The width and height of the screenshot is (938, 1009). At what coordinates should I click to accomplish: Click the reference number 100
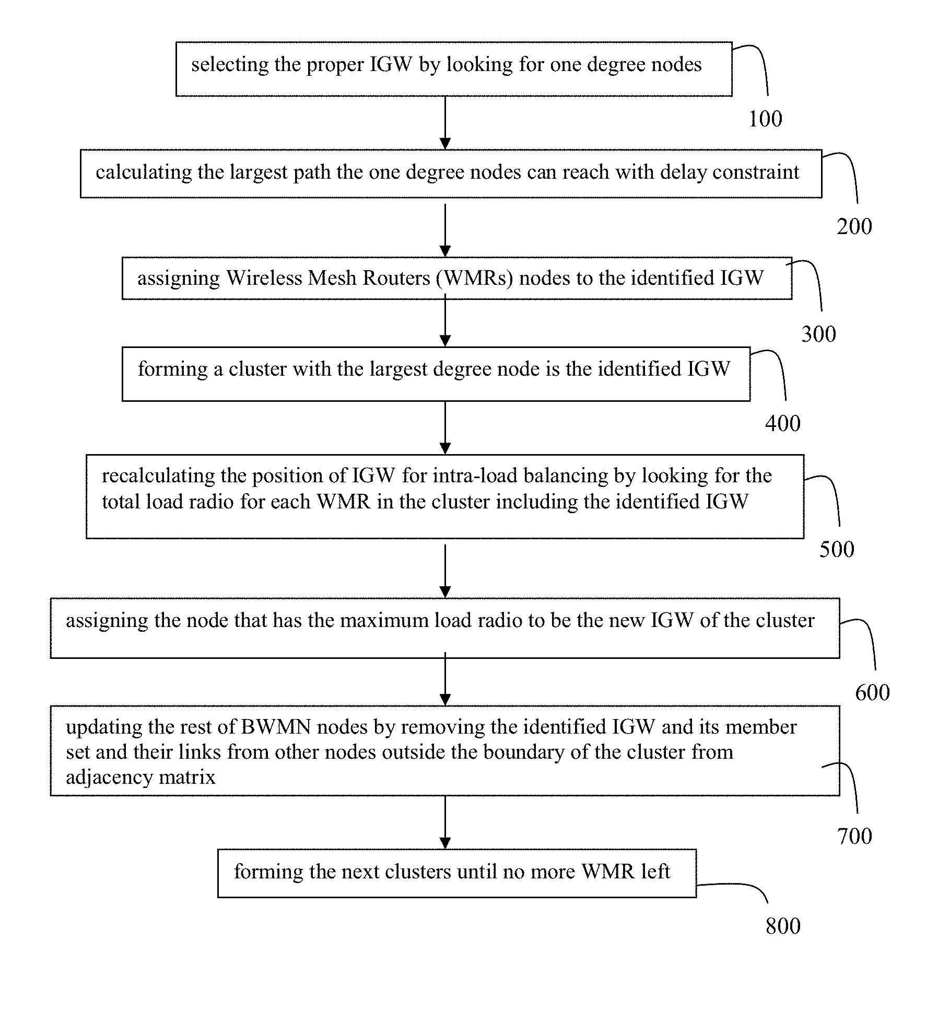765,119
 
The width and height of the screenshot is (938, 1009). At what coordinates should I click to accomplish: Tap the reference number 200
854,227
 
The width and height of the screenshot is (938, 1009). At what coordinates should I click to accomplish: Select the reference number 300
819,334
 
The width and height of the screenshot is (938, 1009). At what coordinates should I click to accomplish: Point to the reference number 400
783,423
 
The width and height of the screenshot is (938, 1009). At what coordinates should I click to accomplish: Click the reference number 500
837,550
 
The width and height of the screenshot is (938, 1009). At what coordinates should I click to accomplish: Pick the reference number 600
872,693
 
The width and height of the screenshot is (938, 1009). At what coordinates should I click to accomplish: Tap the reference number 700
854,837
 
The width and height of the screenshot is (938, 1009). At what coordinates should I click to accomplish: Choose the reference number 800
783,926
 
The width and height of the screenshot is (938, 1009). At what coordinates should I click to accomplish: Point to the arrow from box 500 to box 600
445,571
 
